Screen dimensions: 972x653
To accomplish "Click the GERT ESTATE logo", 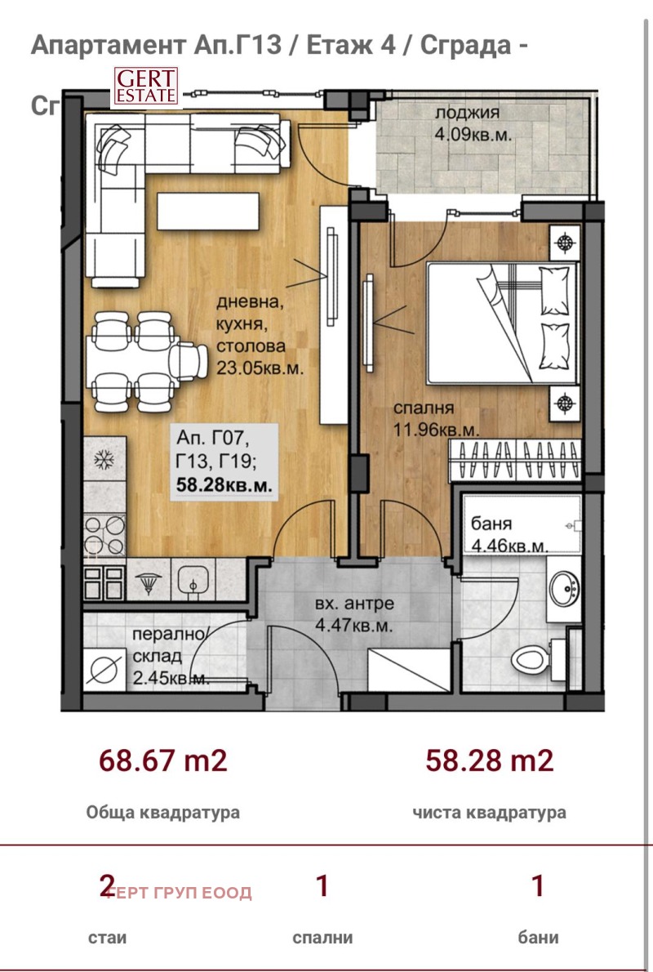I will [144, 87].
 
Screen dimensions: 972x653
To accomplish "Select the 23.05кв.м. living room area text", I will [260, 368].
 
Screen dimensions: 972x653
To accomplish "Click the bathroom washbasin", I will [564, 586].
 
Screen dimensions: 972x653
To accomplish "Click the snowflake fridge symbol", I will [104, 461].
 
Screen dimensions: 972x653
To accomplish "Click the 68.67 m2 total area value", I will [162, 761].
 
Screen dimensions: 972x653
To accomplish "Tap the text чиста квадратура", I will [489, 813].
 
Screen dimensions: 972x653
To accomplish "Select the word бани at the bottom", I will [538, 938].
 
